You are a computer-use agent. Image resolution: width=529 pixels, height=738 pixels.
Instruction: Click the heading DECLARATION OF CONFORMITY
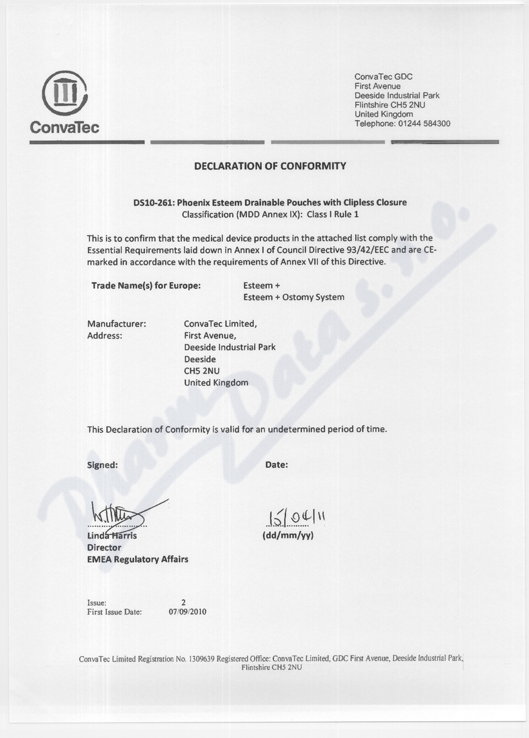coord(270,165)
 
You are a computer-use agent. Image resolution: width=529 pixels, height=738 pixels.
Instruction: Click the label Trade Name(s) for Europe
coord(146,285)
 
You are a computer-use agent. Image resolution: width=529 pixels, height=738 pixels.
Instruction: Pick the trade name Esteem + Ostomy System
coord(293,297)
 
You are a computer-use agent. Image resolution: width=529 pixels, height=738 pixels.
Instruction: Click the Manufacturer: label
coord(117,323)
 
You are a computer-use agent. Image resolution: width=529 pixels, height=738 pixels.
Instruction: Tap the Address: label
coord(105,335)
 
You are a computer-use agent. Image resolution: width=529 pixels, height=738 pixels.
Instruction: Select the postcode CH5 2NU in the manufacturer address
coord(202,371)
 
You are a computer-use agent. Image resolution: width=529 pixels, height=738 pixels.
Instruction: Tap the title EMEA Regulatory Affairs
coord(138,559)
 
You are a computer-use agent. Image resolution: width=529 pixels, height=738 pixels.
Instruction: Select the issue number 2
coord(183,602)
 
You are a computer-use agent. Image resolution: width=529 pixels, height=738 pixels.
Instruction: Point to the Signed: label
coord(103,464)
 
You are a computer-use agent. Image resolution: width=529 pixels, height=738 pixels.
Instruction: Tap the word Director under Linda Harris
coord(104,547)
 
